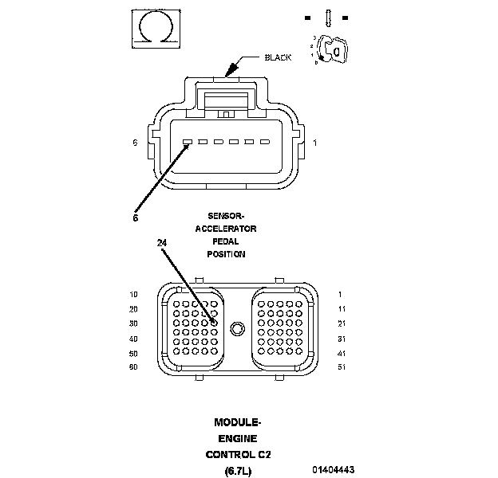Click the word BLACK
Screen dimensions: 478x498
coord(278,57)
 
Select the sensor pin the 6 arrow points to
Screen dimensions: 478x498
coord(188,143)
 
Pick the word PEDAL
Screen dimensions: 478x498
coord(226,241)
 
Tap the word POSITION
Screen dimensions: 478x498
coord(226,254)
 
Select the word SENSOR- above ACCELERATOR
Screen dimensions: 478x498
coord(226,216)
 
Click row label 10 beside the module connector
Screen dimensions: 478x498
coord(133,294)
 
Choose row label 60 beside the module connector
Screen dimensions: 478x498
coord(133,367)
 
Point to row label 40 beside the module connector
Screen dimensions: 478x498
coord(133,339)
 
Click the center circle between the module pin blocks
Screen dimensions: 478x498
coord(236,329)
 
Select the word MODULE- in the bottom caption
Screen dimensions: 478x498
coord(238,422)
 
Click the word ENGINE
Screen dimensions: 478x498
coord(238,439)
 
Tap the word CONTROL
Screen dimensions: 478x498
coord(229,455)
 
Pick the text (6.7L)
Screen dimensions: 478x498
coord(238,470)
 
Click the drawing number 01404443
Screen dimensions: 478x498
coord(334,470)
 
